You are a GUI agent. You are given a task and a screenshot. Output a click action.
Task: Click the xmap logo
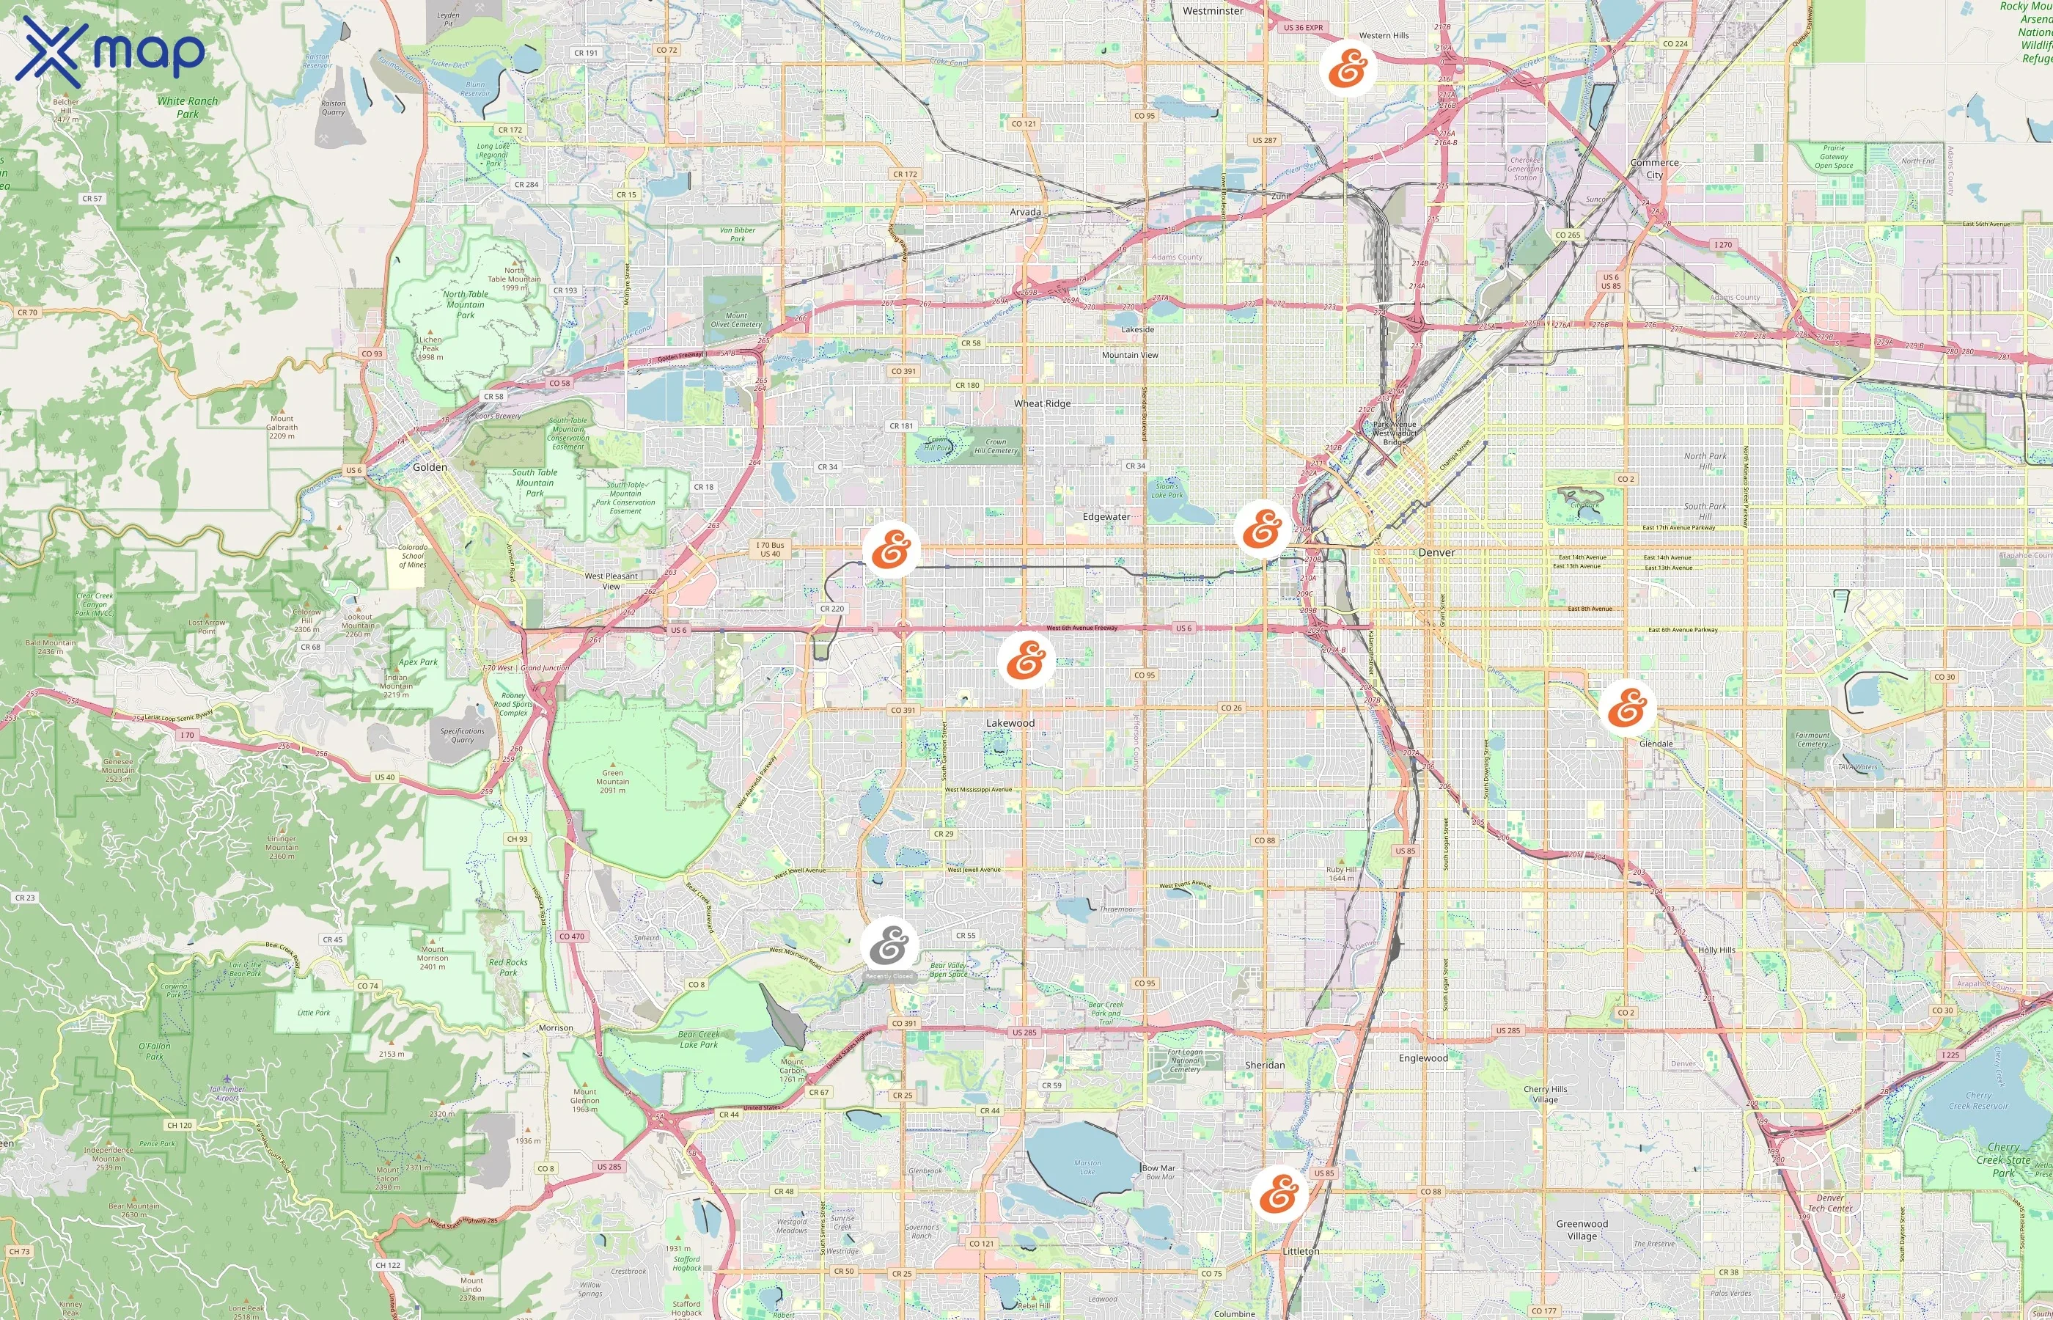[x=111, y=51]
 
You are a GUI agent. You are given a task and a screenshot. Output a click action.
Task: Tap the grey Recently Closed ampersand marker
[x=889, y=945]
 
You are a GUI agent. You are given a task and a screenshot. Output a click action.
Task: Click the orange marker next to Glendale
[x=1627, y=708]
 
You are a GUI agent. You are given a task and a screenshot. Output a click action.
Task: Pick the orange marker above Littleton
[x=1279, y=1192]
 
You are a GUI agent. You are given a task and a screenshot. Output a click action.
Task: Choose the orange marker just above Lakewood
[x=1026, y=660]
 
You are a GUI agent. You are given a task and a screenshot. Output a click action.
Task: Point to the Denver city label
[x=1436, y=553]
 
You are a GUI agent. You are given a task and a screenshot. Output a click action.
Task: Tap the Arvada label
[x=1025, y=212]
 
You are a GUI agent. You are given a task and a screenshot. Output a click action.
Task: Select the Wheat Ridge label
[x=1042, y=403]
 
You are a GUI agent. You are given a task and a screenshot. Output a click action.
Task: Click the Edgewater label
[x=1106, y=517]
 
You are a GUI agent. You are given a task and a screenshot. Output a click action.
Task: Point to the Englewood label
[x=1423, y=1057]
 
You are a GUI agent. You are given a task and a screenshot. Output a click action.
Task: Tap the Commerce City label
[x=1653, y=168]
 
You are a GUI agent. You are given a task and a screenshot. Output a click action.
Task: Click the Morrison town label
[x=555, y=1027]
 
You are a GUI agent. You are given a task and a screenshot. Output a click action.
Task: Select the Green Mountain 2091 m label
[x=612, y=781]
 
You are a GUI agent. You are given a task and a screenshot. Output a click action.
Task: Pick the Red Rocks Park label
[x=508, y=967]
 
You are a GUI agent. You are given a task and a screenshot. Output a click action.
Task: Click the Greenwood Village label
[x=1582, y=1229]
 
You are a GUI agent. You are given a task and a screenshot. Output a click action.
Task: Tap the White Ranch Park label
[x=188, y=107]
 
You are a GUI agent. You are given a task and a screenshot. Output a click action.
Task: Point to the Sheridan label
[x=1265, y=1065]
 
